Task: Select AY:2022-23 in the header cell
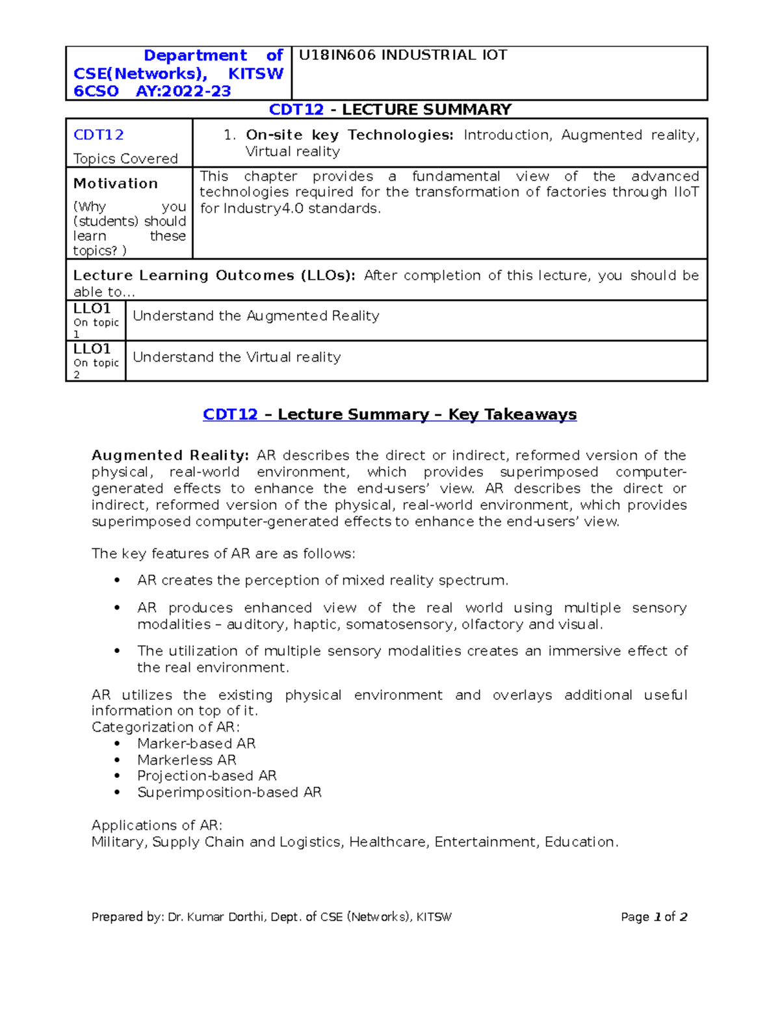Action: pyautogui.click(x=183, y=91)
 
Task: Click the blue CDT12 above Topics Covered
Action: pyautogui.click(x=98, y=135)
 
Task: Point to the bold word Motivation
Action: pyautogui.click(x=115, y=183)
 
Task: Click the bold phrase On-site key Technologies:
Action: pyautogui.click(x=349, y=135)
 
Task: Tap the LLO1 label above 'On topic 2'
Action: pyautogui.click(x=92, y=349)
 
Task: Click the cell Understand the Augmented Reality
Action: pyautogui.click(x=255, y=316)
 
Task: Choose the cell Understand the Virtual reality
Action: pyautogui.click(x=237, y=357)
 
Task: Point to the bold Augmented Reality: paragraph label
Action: pyautogui.click(x=170, y=455)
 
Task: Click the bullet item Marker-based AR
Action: pyautogui.click(x=196, y=743)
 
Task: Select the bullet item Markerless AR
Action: pyautogui.click(x=186, y=760)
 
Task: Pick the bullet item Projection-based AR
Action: pyautogui.click(x=206, y=776)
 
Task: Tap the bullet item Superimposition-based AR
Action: pyautogui.click(x=229, y=792)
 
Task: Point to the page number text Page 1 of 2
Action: pyautogui.click(x=653, y=917)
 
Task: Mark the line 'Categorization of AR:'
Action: pyautogui.click(x=165, y=727)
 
